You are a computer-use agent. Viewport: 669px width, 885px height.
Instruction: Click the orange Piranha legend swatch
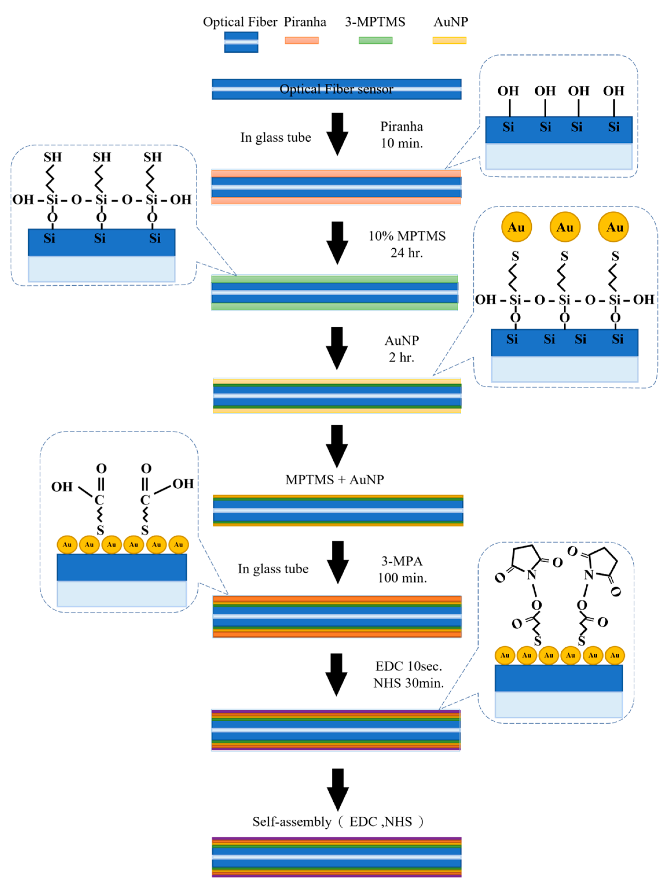click(x=302, y=40)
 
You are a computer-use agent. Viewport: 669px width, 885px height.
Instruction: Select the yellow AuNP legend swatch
click(x=449, y=40)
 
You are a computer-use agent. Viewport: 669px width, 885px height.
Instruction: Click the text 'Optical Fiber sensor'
click(x=336, y=89)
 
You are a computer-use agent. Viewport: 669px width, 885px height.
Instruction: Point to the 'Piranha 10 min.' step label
click(x=402, y=135)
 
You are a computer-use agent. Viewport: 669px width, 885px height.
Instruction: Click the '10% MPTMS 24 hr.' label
click(x=407, y=244)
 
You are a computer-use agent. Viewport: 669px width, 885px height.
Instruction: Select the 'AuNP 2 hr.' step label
click(x=402, y=348)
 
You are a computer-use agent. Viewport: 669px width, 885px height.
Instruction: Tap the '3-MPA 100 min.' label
click(x=402, y=569)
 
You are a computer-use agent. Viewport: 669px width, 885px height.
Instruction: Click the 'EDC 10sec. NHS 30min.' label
click(x=408, y=674)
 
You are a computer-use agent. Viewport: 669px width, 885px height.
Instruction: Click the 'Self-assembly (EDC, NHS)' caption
click(x=337, y=821)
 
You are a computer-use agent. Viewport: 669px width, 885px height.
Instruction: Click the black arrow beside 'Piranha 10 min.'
click(x=337, y=134)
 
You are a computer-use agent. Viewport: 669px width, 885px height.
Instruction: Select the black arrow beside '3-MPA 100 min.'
click(x=337, y=562)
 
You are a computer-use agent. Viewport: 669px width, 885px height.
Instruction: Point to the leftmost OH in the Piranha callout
click(x=508, y=91)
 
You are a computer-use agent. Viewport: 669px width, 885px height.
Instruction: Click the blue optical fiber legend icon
click(x=241, y=42)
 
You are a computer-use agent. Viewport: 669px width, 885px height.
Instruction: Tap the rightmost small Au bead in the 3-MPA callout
click(x=179, y=544)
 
